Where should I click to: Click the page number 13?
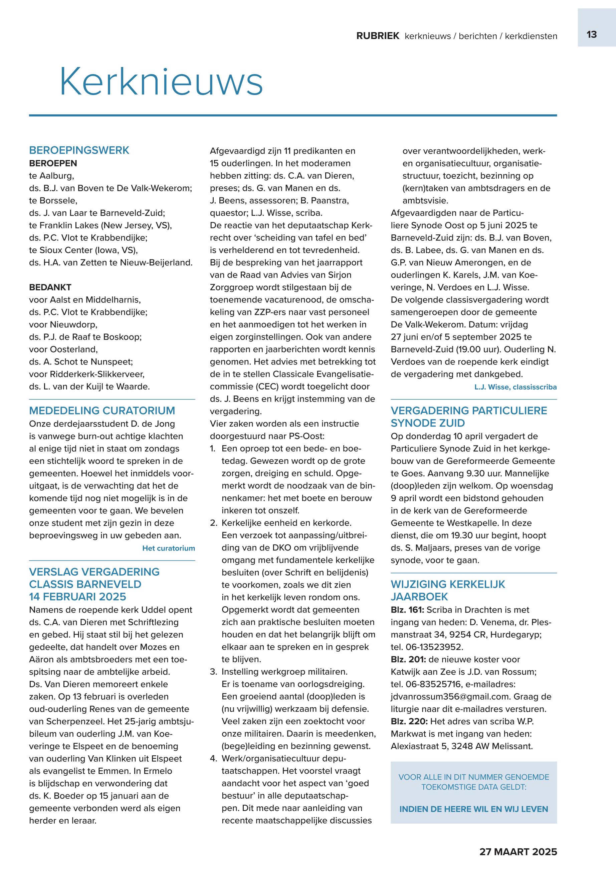(591, 35)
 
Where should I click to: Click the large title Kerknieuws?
(161, 82)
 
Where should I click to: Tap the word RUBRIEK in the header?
(378, 36)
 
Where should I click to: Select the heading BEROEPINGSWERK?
(79, 150)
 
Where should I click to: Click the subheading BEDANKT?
(50, 287)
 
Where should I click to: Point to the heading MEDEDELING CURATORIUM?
(102, 410)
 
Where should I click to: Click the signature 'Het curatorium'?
(169, 548)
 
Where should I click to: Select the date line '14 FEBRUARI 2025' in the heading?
(77, 597)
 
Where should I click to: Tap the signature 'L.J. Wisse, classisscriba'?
(515, 387)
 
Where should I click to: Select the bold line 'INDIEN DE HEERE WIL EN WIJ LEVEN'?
(473, 809)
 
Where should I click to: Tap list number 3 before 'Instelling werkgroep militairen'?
(213, 672)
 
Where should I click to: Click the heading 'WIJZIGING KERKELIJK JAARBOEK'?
(448, 590)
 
